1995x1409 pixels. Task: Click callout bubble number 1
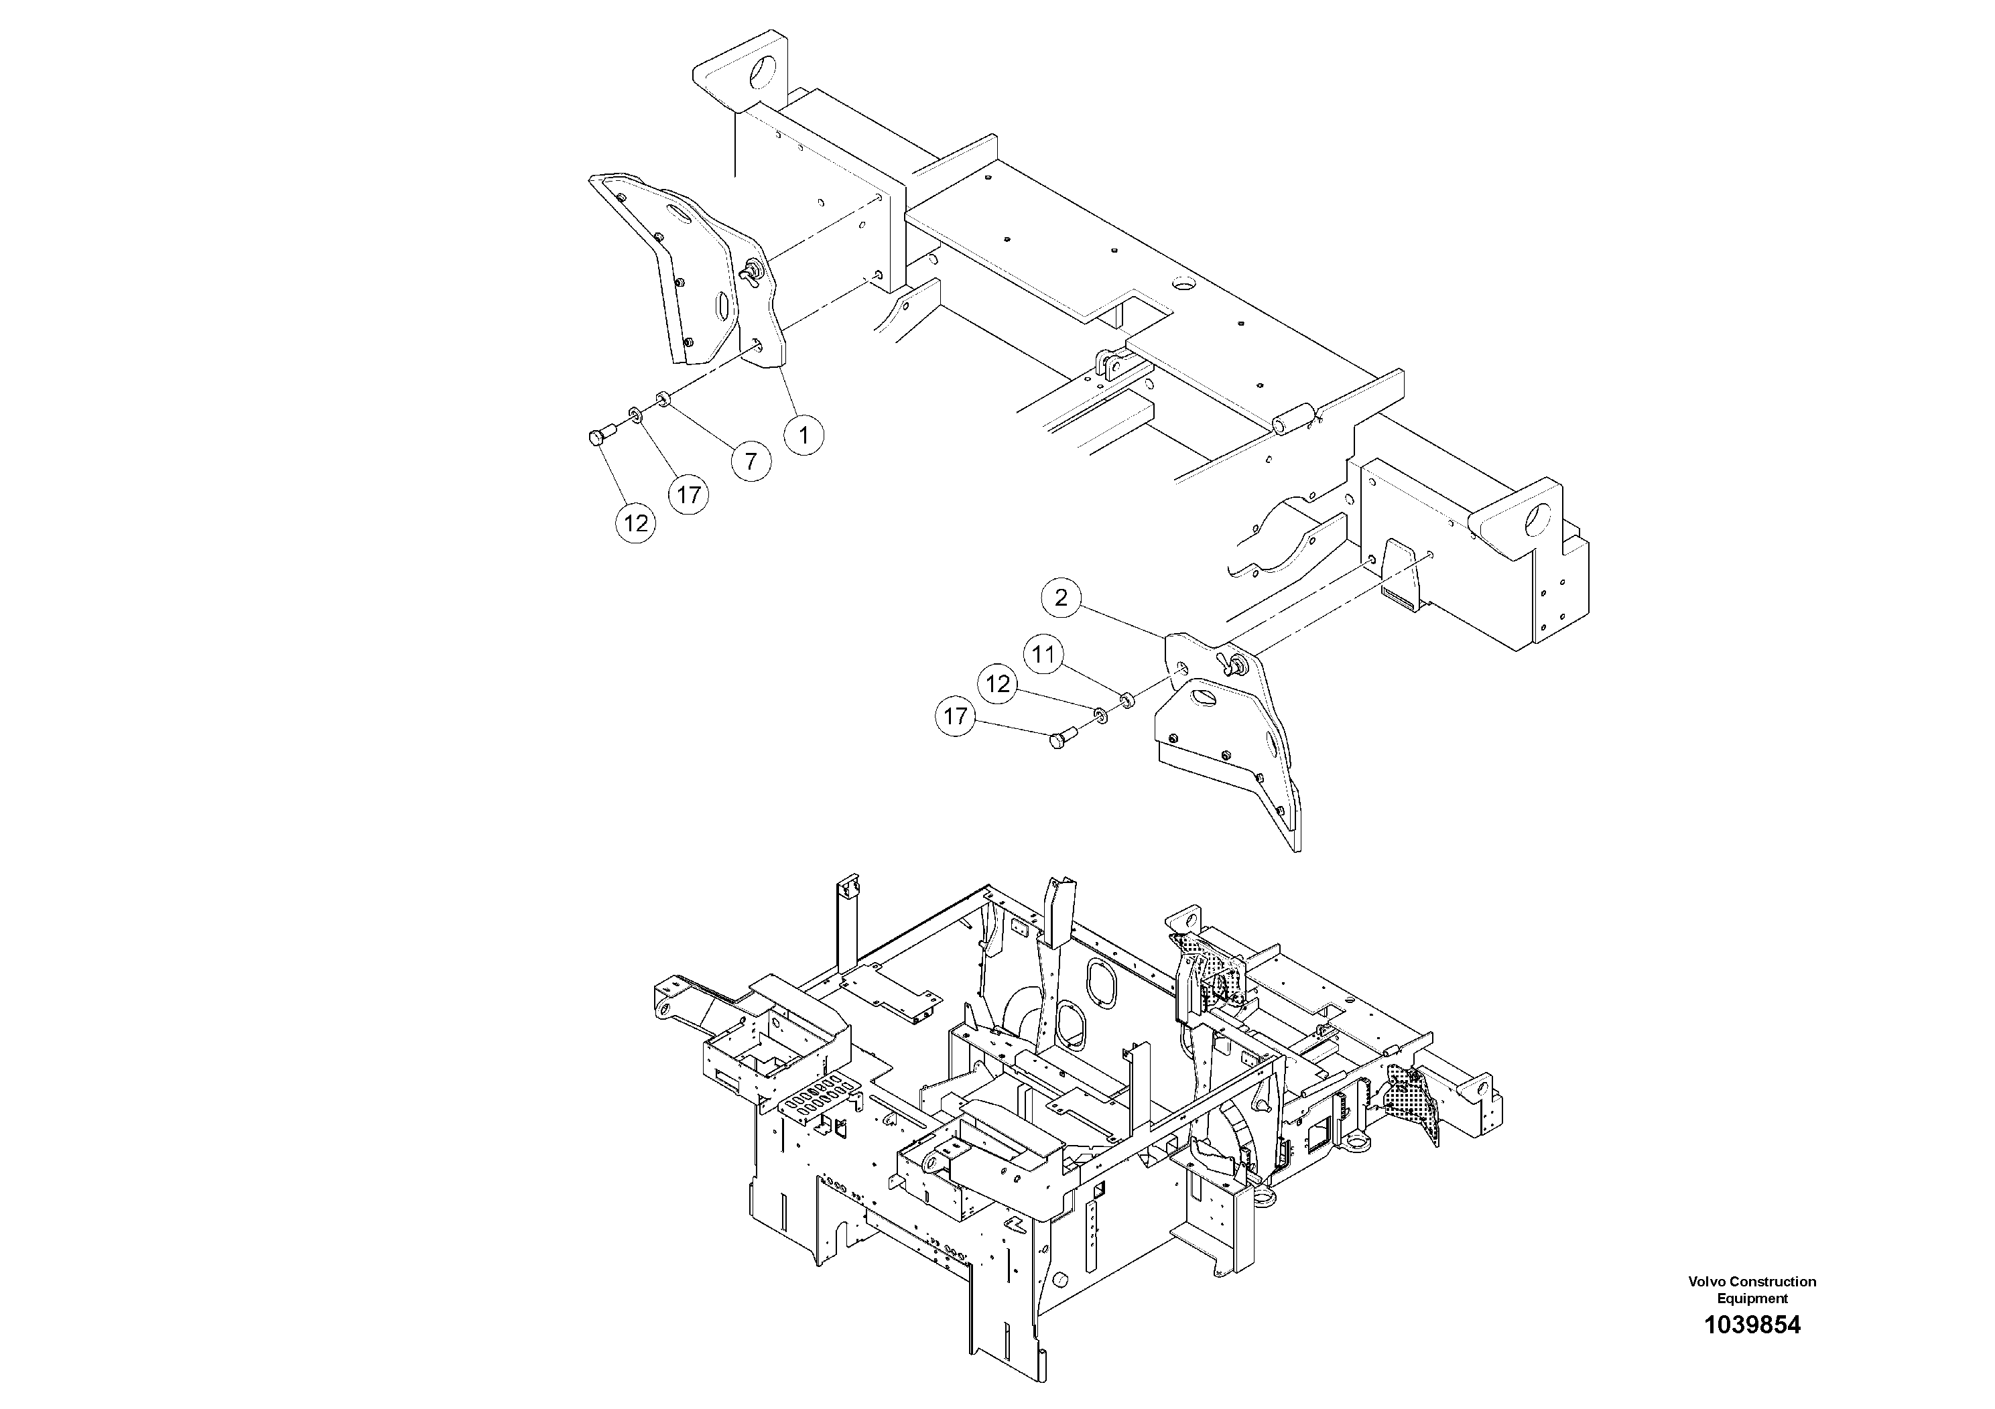pyautogui.click(x=803, y=434)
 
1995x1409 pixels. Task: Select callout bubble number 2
pyautogui.click(x=1060, y=598)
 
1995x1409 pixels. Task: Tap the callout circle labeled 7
pyautogui.click(x=751, y=460)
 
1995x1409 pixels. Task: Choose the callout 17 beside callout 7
pyautogui.click(x=689, y=495)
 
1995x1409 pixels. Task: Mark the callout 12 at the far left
pyautogui.click(x=636, y=523)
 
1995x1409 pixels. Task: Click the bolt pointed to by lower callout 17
pyautogui.click(x=1061, y=739)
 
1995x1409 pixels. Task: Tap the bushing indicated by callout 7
pyautogui.click(x=663, y=398)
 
